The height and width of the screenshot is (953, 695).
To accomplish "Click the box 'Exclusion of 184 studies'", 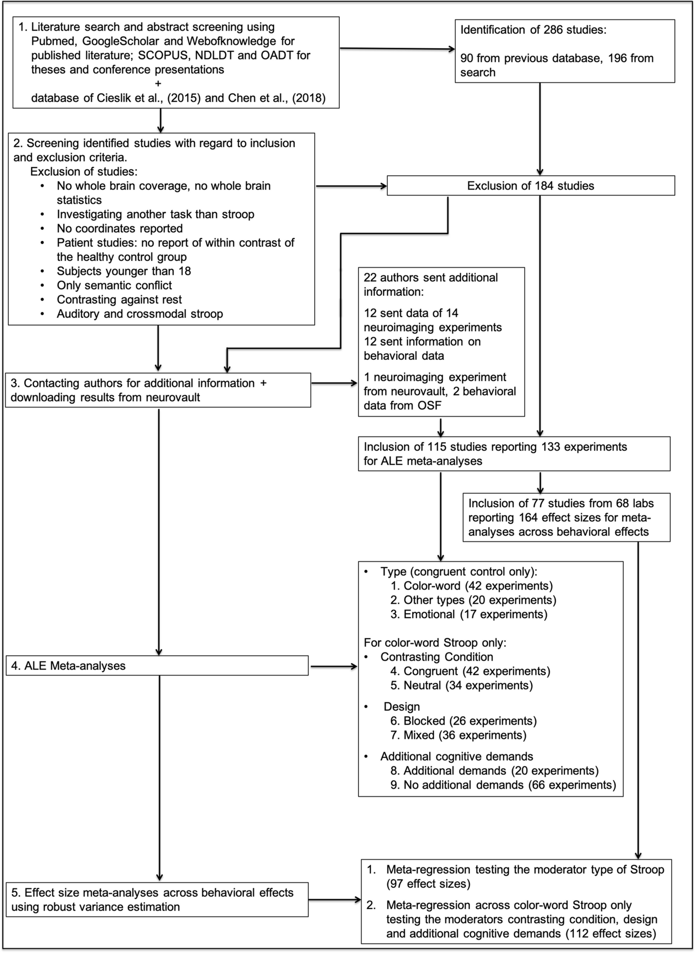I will pos(530,186).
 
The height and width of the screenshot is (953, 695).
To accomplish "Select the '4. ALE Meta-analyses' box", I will pos(156,665).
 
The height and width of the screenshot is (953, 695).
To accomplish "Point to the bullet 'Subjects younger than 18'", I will pos(124,271).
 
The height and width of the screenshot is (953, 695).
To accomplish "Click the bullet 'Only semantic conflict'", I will pos(114,285).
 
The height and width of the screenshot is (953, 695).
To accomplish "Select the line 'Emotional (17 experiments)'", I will pos(475,614).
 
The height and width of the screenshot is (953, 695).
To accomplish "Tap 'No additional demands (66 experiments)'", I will pos(510,785).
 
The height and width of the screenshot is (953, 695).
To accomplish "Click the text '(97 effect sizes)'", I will pos(428,884).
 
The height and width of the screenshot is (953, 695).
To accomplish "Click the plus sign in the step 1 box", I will pos(158,84).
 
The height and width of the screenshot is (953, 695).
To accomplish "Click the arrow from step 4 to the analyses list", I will pos(333,666).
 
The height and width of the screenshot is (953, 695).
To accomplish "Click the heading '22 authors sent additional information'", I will pos(430,285).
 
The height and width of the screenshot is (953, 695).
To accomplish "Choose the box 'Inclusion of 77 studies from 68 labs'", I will pos(566,517).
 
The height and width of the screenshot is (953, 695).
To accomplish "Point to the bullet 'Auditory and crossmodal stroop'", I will pos(140,314).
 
